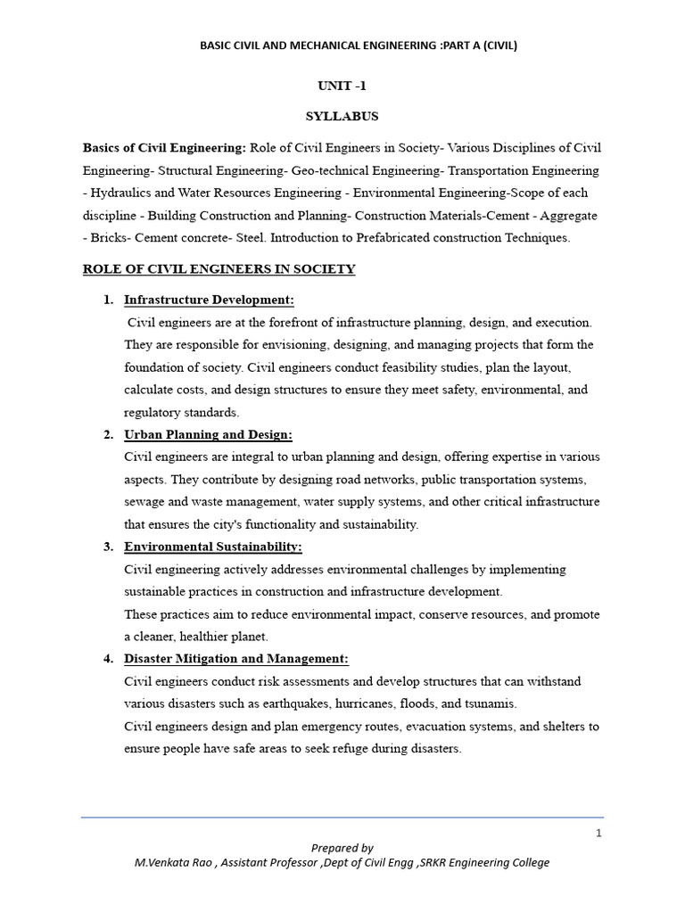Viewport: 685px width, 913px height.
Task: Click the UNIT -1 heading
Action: [342, 86]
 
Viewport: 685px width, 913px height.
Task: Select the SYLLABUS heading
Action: [342, 116]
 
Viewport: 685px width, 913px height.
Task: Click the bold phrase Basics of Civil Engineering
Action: [164, 147]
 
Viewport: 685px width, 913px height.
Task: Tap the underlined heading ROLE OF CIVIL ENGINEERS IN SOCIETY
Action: [219, 269]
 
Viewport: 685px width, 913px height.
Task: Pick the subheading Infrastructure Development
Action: [209, 300]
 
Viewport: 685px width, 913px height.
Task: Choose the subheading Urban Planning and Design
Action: [208, 434]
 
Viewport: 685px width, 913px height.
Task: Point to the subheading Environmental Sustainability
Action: [213, 547]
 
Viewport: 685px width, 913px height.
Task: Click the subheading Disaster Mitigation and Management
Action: [236, 659]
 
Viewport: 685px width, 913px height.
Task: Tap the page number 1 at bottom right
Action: [599, 833]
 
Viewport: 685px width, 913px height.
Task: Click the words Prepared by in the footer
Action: [342, 848]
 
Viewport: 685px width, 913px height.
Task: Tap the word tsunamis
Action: [488, 703]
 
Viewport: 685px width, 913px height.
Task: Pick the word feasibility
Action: [420, 367]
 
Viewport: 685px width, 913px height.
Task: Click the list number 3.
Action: [108, 547]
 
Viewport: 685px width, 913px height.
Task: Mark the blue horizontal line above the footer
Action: [342, 817]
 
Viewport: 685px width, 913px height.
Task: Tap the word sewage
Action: [144, 502]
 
